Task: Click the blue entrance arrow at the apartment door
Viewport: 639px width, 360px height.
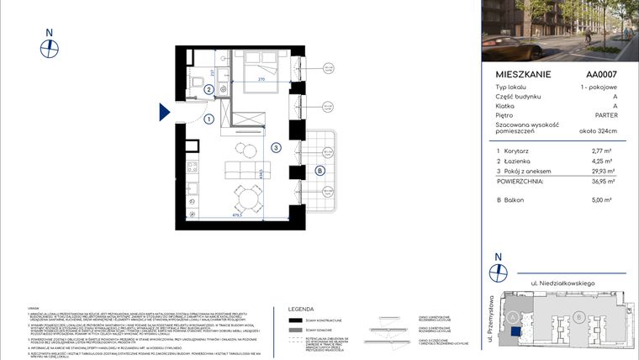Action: pyautogui.click(x=165, y=112)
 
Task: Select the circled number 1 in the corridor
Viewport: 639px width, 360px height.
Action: pyautogui.click(x=208, y=119)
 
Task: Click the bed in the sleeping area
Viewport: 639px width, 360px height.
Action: pyautogui.click(x=259, y=67)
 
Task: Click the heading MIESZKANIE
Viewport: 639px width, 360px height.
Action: pyautogui.click(x=523, y=74)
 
